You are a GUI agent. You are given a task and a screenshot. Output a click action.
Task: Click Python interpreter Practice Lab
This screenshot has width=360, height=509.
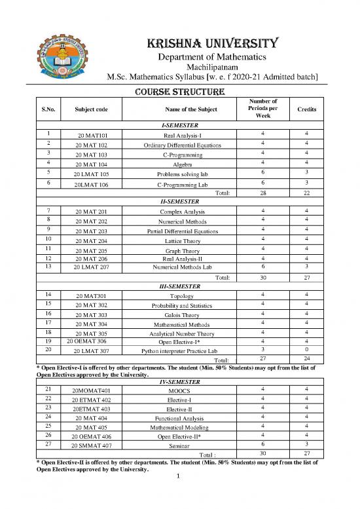(179, 352)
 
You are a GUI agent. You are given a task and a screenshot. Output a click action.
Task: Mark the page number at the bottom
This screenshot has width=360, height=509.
(179, 494)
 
